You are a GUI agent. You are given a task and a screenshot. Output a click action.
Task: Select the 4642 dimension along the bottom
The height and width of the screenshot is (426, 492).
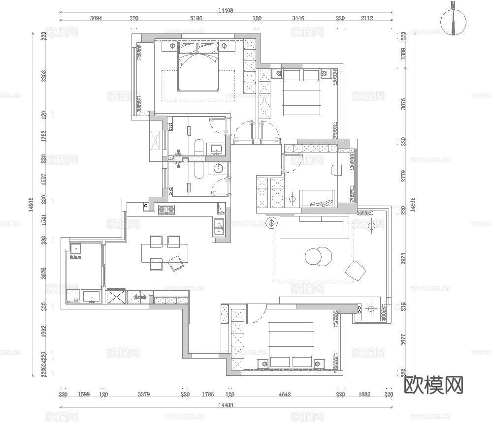pos(285,394)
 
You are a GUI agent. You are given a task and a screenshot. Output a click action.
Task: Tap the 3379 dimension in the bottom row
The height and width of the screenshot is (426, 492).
pos(144,394)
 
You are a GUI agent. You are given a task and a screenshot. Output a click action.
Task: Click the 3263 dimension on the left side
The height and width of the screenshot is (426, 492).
pos(44,77)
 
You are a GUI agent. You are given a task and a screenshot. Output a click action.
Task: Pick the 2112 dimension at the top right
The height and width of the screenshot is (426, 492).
pos(367,18)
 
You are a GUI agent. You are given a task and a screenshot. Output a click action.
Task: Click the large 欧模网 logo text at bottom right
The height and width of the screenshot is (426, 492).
pos(433,385)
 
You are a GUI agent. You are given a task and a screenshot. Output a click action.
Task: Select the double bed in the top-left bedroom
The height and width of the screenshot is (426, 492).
pos(197,67)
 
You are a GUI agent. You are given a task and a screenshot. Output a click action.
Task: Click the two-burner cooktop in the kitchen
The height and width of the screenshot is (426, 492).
pos(167,210)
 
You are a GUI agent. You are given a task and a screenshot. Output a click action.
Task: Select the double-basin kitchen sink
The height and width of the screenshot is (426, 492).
pos(219,228)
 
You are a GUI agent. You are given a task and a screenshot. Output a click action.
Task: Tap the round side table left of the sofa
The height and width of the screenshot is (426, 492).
pos(271,223)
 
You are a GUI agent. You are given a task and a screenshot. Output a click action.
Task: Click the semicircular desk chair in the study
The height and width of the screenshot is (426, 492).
pos(337,169)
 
